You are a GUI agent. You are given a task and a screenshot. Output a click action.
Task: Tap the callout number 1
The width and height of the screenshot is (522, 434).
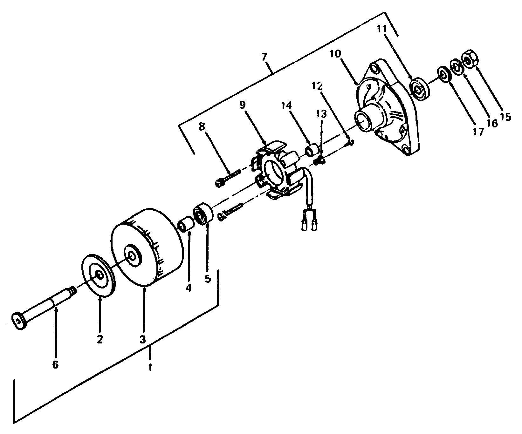[x=150, y=367]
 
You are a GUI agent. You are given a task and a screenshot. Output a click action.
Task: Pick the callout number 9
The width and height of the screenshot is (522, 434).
[x=243, y=105]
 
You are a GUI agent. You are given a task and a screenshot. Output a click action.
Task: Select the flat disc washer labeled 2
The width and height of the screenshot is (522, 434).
[x=100, y=275]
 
